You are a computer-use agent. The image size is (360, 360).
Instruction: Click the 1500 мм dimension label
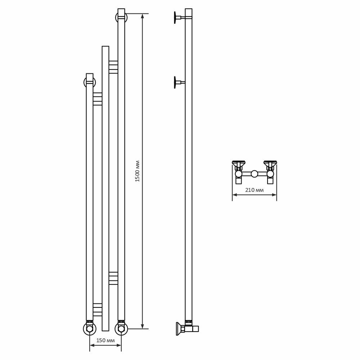[x=137, y=171]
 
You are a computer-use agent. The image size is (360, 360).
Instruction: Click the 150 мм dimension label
[x=105, y=340]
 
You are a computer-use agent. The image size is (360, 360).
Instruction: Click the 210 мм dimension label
[x=254, y=190]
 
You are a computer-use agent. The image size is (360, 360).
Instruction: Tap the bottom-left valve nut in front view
[x=89, y=329]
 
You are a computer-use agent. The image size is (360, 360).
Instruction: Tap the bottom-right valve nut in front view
[x=121, y=329]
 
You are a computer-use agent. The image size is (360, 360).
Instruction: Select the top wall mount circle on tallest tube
[x=121, y=17]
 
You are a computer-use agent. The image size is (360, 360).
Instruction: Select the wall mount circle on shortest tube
[x=89, y=82]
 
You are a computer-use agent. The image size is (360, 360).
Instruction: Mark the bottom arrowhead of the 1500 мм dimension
[x=143, y=327]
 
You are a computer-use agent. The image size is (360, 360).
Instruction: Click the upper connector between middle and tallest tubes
[x=113, y=67]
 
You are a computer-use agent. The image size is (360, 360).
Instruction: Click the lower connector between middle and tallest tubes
[x=113, y=278]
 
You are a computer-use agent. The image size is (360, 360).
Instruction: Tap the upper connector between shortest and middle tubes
[x=98, y=99]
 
